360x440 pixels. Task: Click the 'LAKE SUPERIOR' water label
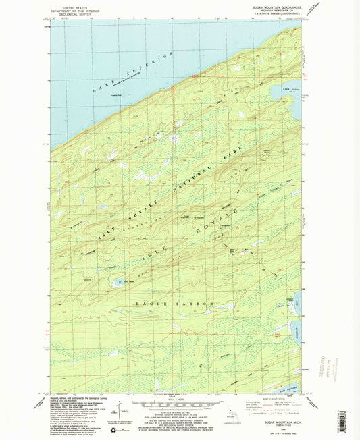tap(149, 67)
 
